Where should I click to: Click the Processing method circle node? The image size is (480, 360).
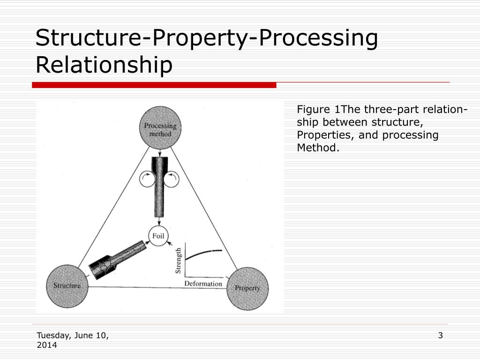point(160,127)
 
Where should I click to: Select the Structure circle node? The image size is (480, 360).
point(67,285)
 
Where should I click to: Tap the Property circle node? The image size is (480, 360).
point(247,288)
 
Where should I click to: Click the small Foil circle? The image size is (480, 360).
point(158,236)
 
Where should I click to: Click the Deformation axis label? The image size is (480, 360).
point(203,284)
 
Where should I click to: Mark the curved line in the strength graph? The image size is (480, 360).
point(202,253)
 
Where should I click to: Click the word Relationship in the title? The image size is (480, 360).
point(104,65)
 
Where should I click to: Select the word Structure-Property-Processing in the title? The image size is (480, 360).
point(206,38)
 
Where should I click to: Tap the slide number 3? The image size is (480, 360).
point(440,335)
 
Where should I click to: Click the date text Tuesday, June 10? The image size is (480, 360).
point(73,335)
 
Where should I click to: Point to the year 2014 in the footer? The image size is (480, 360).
point(47,345)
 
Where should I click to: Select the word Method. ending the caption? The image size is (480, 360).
point(317,148)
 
